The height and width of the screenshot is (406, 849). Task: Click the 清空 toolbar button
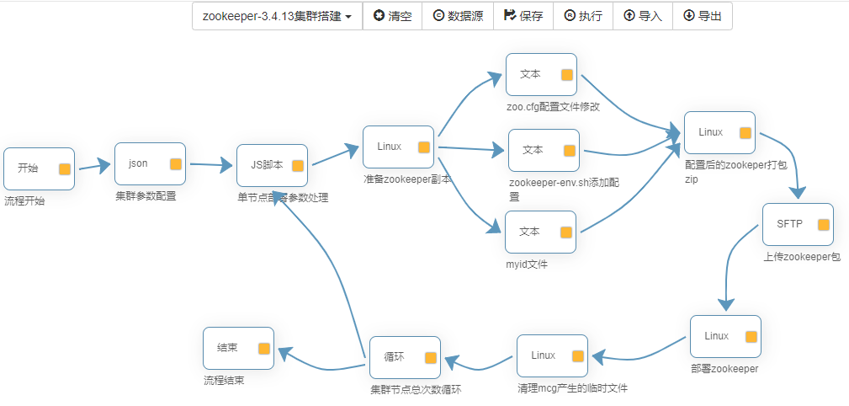(392, 16)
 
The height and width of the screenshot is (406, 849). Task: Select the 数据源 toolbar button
(458, 16)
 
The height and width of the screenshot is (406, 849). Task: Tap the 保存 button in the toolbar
(523, 16)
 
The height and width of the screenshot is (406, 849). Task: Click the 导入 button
(642, 16)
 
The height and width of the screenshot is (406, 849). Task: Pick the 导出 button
(702, 16)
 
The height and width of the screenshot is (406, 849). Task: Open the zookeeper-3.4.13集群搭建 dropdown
(277, 16)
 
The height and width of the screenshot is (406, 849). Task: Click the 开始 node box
(39, 168)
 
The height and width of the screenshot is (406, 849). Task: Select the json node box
(150, 163)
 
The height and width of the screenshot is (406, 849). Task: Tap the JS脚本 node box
(272, 165)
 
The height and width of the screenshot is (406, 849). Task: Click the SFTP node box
(798, 224)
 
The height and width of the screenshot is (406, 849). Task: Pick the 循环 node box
(405, 357)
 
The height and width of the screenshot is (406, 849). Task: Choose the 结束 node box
(238, 348)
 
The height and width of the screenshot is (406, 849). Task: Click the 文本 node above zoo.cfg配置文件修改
(541, 74)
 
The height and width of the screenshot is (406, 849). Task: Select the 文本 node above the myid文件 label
(540, 232)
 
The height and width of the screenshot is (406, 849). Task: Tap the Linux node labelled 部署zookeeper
(724, 336)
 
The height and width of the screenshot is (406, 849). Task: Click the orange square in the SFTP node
(823, 225)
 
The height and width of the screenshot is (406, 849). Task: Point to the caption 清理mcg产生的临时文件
(572, 388)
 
